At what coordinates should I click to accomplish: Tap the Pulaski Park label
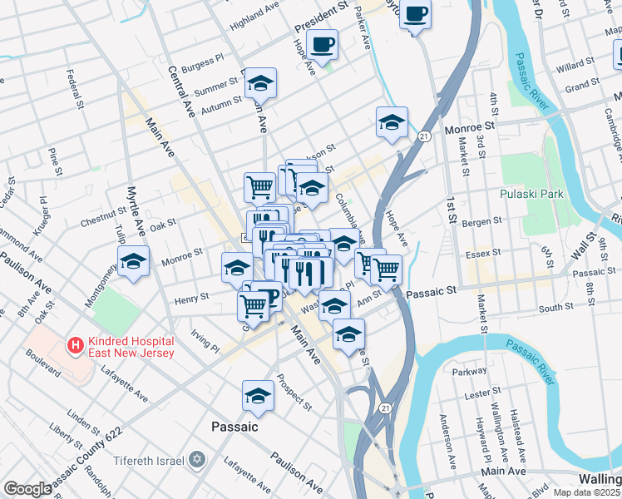point(532,194)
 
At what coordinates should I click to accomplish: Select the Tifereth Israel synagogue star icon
point(197,458)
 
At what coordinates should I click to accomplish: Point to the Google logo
point(27,489)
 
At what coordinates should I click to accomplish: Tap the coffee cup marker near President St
point(322,43)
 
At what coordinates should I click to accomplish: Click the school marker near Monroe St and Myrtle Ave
point(133,261)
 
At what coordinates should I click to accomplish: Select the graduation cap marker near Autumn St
point(260,83)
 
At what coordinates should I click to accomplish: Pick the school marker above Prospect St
point(258,397)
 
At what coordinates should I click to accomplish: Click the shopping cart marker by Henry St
point(254,305)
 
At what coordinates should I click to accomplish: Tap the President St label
point(320,17)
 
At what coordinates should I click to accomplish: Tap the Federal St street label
point(77,91)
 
